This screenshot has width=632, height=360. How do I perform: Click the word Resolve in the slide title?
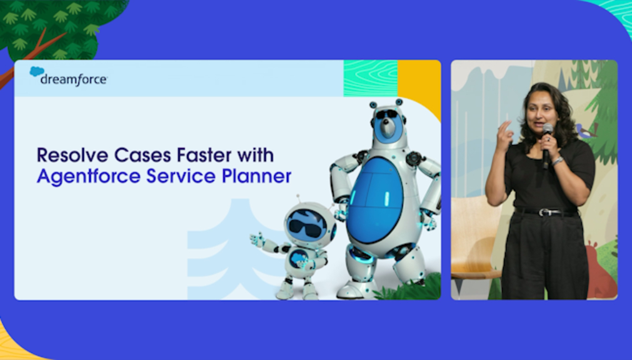pos(73,155)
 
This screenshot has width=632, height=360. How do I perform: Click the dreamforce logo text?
pos(74,79)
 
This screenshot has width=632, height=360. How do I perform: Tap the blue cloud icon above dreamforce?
pos(37,71)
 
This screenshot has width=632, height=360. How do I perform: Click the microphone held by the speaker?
pos(547,145)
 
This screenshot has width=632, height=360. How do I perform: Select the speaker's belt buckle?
pos(544,212)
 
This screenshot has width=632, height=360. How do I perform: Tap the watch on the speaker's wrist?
pos(558,161)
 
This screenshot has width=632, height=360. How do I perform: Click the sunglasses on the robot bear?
pos(386,114)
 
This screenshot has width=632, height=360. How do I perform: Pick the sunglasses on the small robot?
pos(305,229)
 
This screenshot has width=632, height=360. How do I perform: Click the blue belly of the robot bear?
pos(375,201)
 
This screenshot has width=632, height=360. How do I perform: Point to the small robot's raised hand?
pos(256,239)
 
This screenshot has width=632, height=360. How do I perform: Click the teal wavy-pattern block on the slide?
pos(371,79)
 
